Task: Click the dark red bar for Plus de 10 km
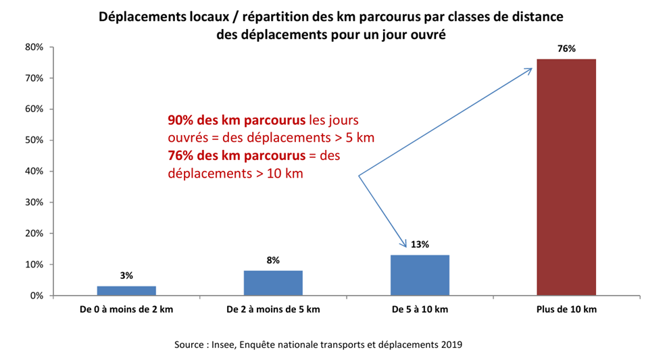tap(566, 177)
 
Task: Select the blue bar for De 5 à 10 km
tap(420, 275)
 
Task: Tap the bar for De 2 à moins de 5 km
tap(273, 282)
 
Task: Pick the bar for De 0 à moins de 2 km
tap(126, 290)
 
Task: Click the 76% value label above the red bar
tap(566, 49)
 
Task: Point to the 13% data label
tap(420, 245)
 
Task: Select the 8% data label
tap(273, 260)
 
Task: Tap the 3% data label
tap(126, 276)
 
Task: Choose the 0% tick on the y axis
tap(37, 296)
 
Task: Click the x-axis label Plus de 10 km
tap(566, 310)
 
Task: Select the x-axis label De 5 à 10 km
tap(420, 310)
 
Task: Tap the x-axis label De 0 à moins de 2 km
tap(126, 310)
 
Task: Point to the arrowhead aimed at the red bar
tap(529, 69)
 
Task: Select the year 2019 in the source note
tap(451, 344)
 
